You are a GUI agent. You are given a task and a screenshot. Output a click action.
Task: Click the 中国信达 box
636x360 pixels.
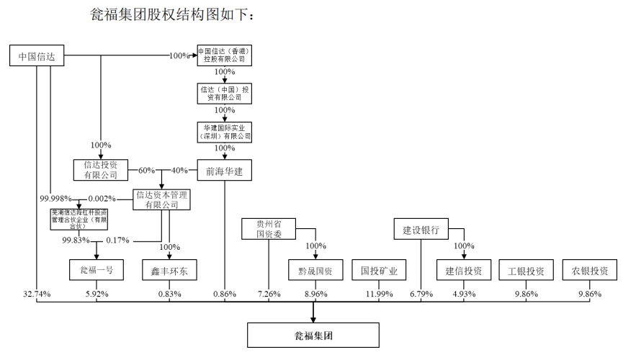(37, 56)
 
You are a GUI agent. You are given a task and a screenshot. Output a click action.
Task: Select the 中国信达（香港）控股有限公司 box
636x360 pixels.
(225, 55)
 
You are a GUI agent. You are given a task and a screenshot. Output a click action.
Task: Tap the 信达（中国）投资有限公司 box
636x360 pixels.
(225, 93)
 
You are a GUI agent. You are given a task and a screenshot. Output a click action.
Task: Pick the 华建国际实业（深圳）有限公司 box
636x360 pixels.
(225, 131)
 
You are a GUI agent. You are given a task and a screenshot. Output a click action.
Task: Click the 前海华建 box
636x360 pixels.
(225, 170)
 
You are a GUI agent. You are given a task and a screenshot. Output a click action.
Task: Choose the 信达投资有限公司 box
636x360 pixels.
(101, 170)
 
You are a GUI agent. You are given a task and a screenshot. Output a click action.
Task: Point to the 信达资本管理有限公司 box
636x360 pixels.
(162, 199)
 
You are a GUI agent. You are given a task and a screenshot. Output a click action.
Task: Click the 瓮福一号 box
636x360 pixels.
(97, 270)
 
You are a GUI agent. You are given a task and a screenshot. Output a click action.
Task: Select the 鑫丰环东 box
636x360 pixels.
(169, 270)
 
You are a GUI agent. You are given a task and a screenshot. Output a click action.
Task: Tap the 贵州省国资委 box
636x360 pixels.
(268, 228)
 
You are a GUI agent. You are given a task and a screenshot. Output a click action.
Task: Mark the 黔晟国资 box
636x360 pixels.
(315, 270)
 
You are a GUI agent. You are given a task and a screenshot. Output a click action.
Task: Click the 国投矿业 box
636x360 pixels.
(379, 270)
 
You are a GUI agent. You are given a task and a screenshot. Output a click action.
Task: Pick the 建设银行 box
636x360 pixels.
(421, 230)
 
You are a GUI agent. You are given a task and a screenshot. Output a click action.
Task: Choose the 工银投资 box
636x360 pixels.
(526, 270)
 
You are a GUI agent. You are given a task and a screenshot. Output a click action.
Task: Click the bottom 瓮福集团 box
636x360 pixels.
(313, 336)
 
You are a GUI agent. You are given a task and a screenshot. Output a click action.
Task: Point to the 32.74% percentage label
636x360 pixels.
(36, 294)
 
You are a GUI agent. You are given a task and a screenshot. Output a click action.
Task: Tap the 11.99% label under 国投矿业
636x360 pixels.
(379, 294)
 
